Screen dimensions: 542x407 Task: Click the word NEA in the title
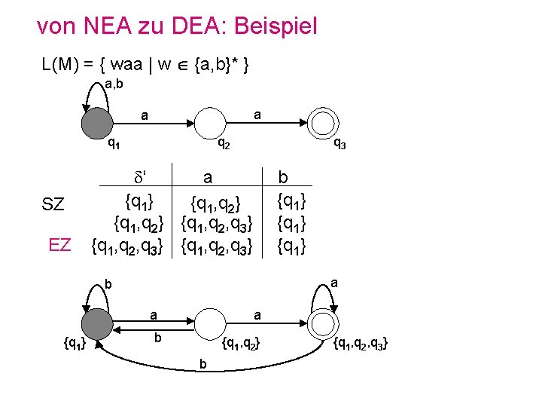102,27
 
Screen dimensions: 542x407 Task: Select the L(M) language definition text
146,66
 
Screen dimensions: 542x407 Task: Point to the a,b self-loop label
115,84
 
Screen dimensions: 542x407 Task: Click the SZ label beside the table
53,205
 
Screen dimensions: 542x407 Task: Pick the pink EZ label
59,244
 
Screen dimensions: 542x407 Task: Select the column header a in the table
208,178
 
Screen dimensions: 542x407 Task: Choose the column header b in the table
283,178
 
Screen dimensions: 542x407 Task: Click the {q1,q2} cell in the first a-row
215,202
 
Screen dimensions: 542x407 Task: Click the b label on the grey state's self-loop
108,286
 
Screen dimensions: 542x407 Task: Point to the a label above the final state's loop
334,284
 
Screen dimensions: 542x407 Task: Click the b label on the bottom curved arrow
202,365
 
